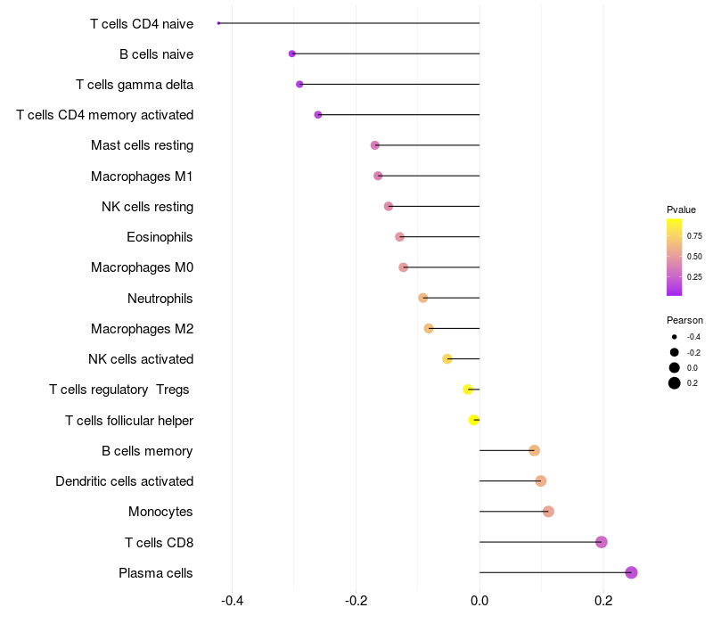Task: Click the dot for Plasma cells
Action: coord(631,572)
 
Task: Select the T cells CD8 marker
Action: coord(601,542)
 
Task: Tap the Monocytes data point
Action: coord(548,512)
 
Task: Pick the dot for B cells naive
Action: coord(292,53)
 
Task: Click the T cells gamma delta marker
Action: coord(299,84)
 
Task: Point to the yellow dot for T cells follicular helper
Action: coord(474,420)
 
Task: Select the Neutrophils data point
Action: coord(423,298)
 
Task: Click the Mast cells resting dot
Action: coord(375,145)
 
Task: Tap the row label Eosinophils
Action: coord(160,237)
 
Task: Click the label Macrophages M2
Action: coord(143,329)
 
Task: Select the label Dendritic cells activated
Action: coord(125,481)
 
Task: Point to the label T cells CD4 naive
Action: coord(142,23)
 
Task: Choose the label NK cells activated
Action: coord(141,359)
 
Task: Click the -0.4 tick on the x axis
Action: coord(232,601)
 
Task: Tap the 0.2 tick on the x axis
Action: coord(603,601)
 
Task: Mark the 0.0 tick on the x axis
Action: coord(479,601)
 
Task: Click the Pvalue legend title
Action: coord(681,209)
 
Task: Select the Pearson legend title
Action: coord(684,320)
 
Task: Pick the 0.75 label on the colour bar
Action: coord(694,236)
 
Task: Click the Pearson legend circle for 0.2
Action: coord(675,383)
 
